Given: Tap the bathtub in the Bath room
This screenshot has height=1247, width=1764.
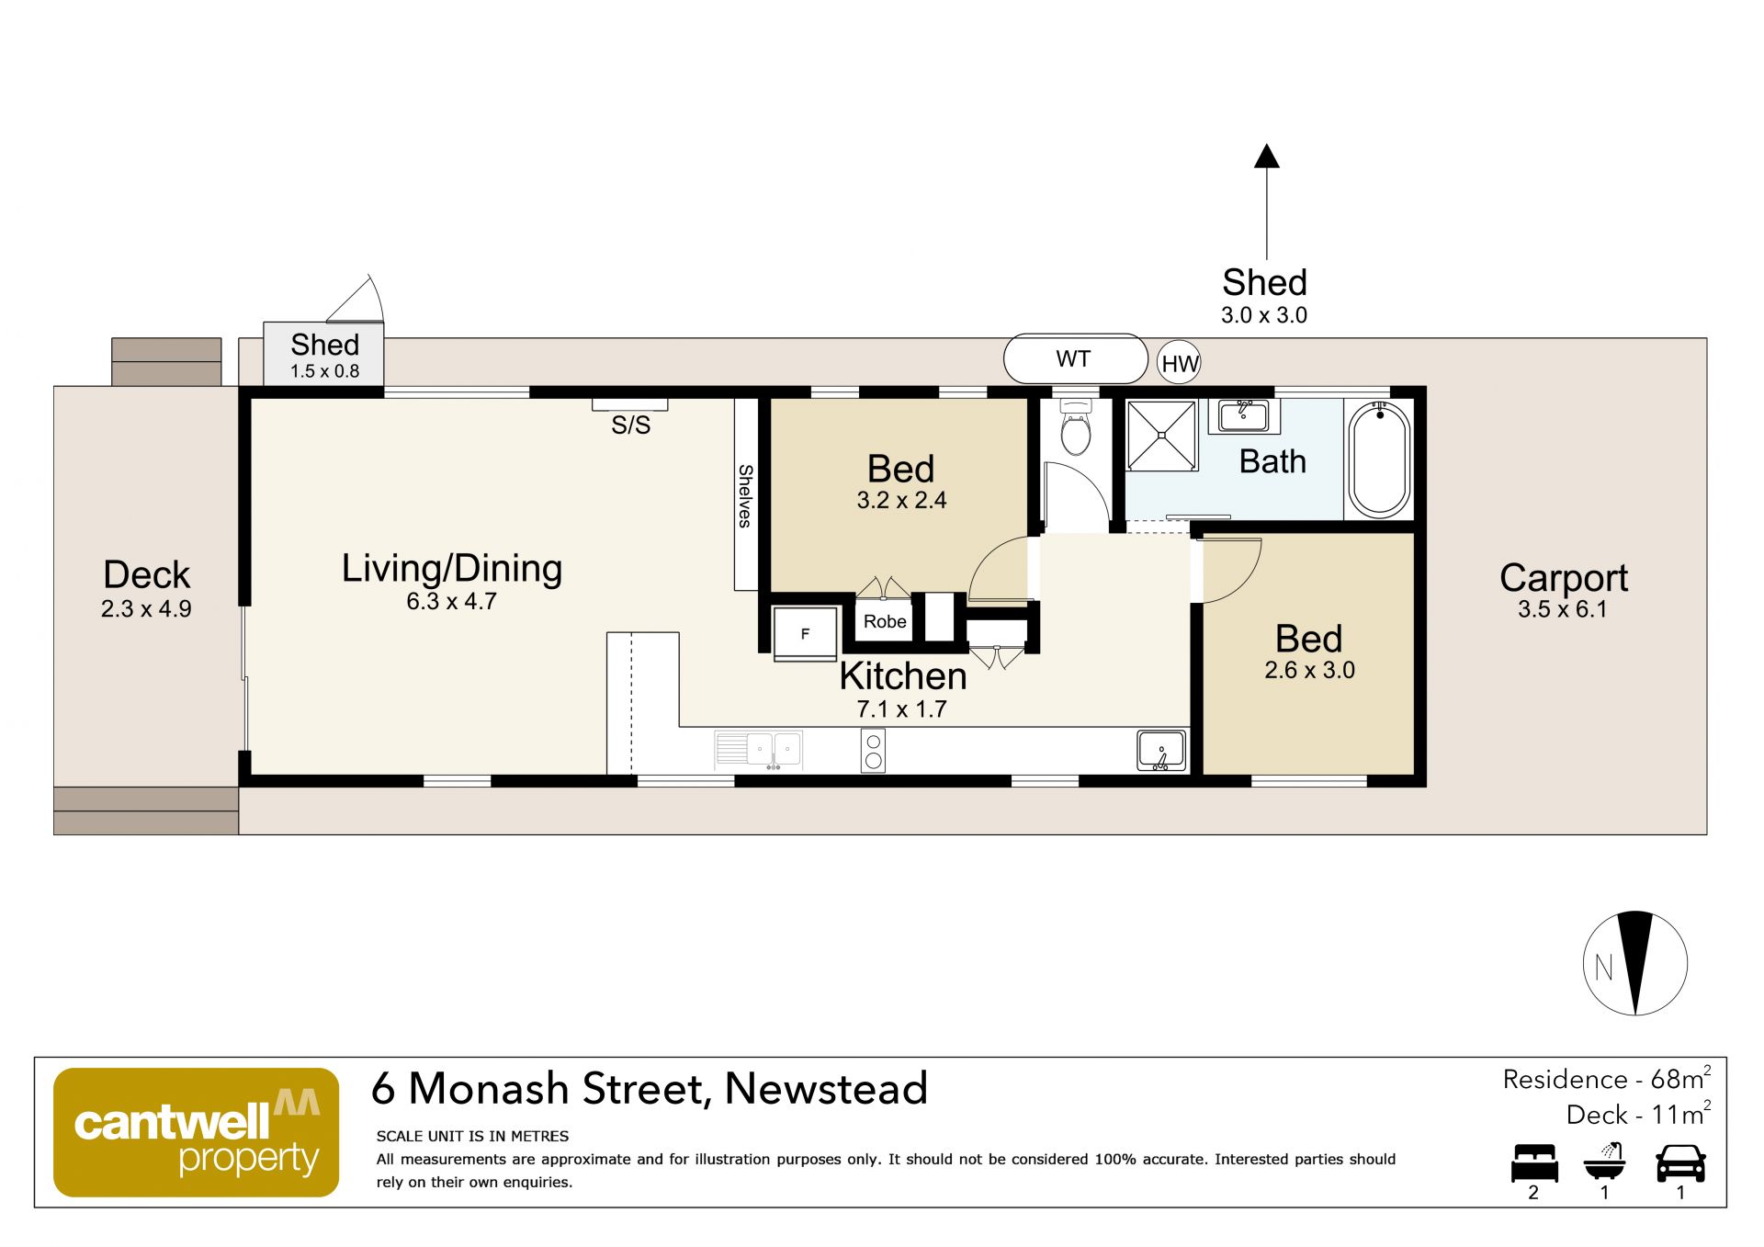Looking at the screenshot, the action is tap(1379, 459).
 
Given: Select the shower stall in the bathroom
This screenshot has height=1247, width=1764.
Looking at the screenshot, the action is tap(1162, 436).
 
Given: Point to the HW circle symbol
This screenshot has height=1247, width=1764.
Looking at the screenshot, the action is tap(1179, 363).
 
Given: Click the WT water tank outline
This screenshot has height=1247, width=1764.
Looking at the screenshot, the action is tap(1075, 358).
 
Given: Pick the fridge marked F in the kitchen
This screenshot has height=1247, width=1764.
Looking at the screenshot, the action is tap(805, 633).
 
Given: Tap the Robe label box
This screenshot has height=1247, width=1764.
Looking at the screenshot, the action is tap(885, 621).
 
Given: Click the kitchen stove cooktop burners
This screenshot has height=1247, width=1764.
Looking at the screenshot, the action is tap(874, 751).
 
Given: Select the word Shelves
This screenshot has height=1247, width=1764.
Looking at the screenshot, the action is tap(745, 496).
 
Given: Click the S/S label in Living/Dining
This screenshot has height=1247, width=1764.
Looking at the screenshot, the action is tap(631, 425).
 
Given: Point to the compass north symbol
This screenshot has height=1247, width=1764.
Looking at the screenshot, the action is tap(1635, 963).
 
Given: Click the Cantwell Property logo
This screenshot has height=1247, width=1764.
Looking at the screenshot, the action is tap(197, 1132).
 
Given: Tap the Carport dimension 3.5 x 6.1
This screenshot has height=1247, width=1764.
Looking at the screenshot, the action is tap(1563, 609).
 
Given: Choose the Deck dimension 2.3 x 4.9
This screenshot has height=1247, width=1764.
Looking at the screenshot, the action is tap(146, 609).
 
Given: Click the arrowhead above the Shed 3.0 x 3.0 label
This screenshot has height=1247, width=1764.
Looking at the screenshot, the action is tap(1267, 156).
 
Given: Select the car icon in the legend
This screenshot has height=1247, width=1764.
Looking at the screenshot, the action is tap(1680, 1163).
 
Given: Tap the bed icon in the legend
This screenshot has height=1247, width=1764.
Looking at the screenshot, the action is tap(1534, 1163).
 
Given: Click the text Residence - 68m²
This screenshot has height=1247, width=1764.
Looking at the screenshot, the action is tap(1607, 1079).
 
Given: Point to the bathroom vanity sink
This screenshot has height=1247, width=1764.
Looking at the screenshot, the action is tap(1243, 415).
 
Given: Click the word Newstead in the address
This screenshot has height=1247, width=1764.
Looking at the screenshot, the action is tap(826, 1089).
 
